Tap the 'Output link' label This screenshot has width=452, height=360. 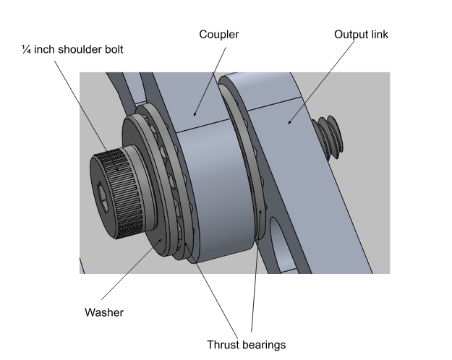361,35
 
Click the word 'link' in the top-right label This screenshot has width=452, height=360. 378,35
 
